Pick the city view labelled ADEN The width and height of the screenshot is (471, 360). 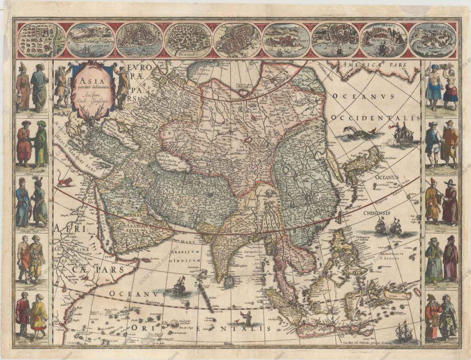point(383,40)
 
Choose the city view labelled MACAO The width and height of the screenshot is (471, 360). point(432,40)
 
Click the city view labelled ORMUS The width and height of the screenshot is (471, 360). point(286,40)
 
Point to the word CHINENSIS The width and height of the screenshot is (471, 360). point(376,213)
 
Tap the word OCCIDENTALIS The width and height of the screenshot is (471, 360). point(375,118)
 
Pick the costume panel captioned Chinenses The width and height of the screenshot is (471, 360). point(441,202)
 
